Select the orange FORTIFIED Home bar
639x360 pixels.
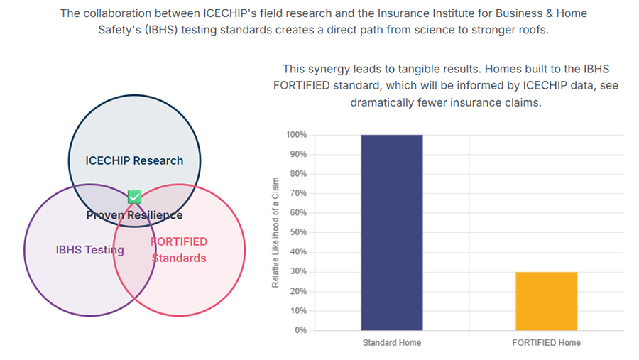[546, 301]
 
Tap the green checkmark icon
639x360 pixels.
[134, 197]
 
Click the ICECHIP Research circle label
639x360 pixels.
[134, 160]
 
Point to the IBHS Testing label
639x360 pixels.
[90, 250]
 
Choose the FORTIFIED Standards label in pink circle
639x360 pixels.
[179, 250]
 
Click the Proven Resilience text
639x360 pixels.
[134, 214]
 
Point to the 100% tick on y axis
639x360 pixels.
[297, 135]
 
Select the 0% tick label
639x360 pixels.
[301, 330]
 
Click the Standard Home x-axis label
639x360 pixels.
[391, 343]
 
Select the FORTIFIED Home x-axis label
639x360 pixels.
[546, 343]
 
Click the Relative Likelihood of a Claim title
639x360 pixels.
[275, 233]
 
